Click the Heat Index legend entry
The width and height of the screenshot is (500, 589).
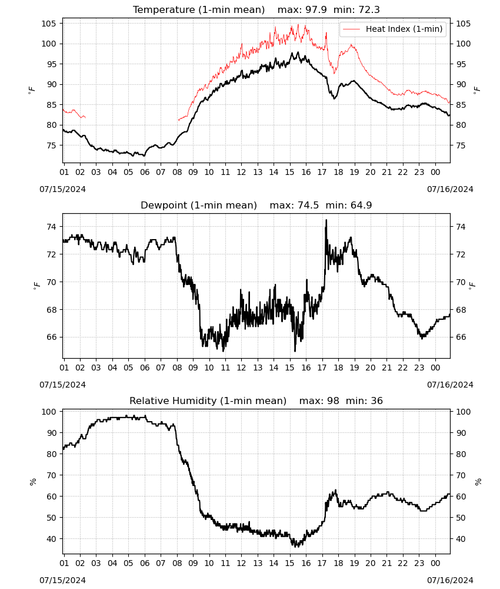pyautogui.click(x=392, y=29)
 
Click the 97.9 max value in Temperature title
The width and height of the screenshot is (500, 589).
pyautogui.click(x=316, y=9)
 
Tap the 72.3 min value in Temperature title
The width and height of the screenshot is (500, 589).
pyautogui.click(x=369, y=9)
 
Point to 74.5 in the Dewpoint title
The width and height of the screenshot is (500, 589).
pyautogui.click(x=308, y=205)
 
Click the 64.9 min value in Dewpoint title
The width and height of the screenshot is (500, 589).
pyautogui.click(x=361, y=205)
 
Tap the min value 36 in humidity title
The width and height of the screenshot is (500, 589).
pyautogui.click(x=376, y=401)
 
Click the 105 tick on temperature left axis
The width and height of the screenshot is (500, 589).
pyautogui.click(x=49, y=24)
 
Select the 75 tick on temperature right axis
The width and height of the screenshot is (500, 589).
pyautogui.click(x=461, y=145)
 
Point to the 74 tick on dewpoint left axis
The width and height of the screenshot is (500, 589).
pyautogui.click(x=51, y=227)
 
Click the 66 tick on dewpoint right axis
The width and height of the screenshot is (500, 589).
pyautogui.click(x=461, y=337)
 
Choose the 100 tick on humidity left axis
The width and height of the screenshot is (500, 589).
pyautogui.click(x=49, y=412)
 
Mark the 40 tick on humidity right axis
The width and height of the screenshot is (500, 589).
pyautogui.click(x=461, y=539)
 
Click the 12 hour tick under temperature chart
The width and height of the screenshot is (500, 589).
pyautogui.click(x=241, y=172)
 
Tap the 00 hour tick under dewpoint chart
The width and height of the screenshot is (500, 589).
pyautogui.click(x=435, y=368)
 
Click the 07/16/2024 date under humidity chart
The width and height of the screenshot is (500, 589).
pyautogui.click(x=450, y=580)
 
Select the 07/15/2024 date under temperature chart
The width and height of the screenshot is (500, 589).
pyautogui.click(x=62, y=189)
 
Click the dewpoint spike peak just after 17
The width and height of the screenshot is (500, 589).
pyautogui.click(x=326, y=220)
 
